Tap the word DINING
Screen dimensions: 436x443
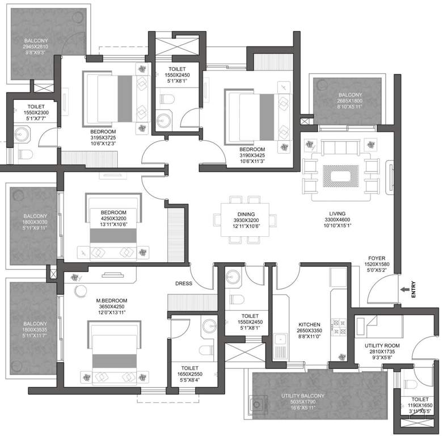tap(246, 213)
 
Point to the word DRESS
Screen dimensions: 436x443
tap(184, 284)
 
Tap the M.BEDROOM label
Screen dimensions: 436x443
tap(112, 300)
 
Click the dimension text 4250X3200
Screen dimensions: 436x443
tap(113, 219)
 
